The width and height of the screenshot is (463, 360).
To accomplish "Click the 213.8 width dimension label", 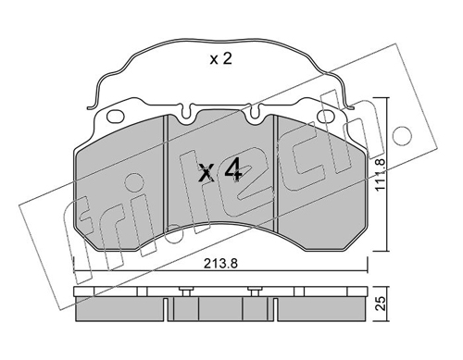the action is (220, 264).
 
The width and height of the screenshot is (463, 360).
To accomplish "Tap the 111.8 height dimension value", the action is (381, 174).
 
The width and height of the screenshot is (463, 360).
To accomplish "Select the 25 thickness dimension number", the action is (381, 304).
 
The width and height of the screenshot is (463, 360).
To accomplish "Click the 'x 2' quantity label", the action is (220, 58).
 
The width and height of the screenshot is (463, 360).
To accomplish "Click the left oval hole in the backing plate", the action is (116, 117).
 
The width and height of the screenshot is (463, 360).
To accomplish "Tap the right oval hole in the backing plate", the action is (326, 117).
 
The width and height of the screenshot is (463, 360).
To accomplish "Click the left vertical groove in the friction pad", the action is (165, 172).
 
